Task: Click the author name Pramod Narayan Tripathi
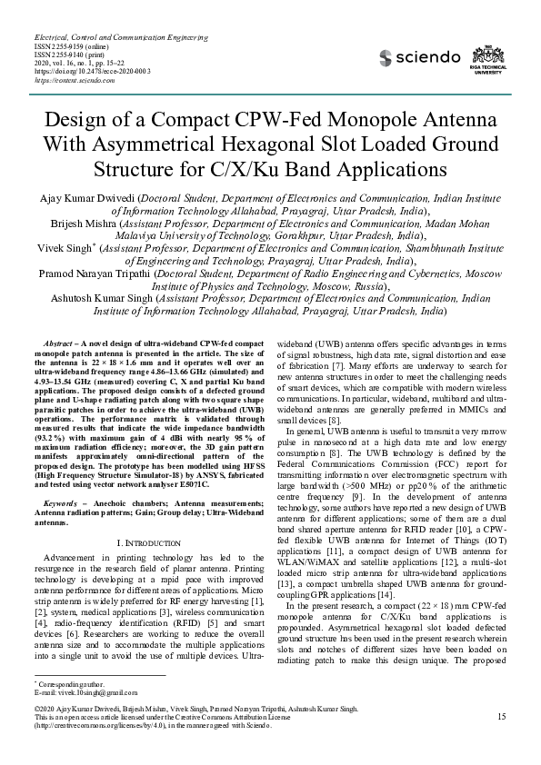pyautogui.click(x=94, y=271)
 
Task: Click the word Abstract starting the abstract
pyautogui.click(x=58, y=343)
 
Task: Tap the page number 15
pyautogui.click(x=502, y=718)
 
